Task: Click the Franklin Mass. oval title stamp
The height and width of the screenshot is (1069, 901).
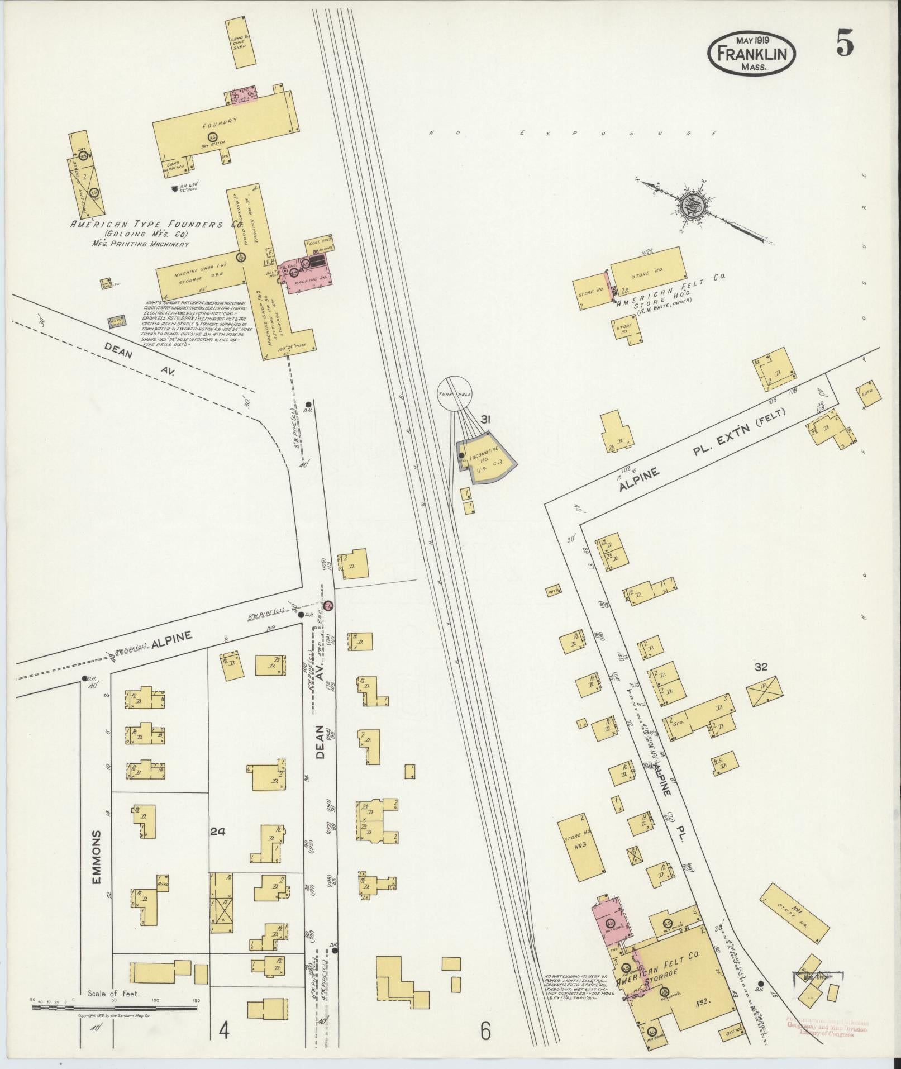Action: click(x=751, y=54)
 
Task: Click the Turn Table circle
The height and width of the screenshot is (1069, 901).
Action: click(x=454, y=393)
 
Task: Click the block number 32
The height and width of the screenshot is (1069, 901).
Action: click(x=760, y=667)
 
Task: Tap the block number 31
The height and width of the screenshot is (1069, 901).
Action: click(x=485, y=420)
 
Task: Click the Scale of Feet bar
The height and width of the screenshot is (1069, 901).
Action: click(x=115, y=1008)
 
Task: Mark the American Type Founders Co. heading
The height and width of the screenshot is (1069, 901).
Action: click(x=156, y=225)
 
